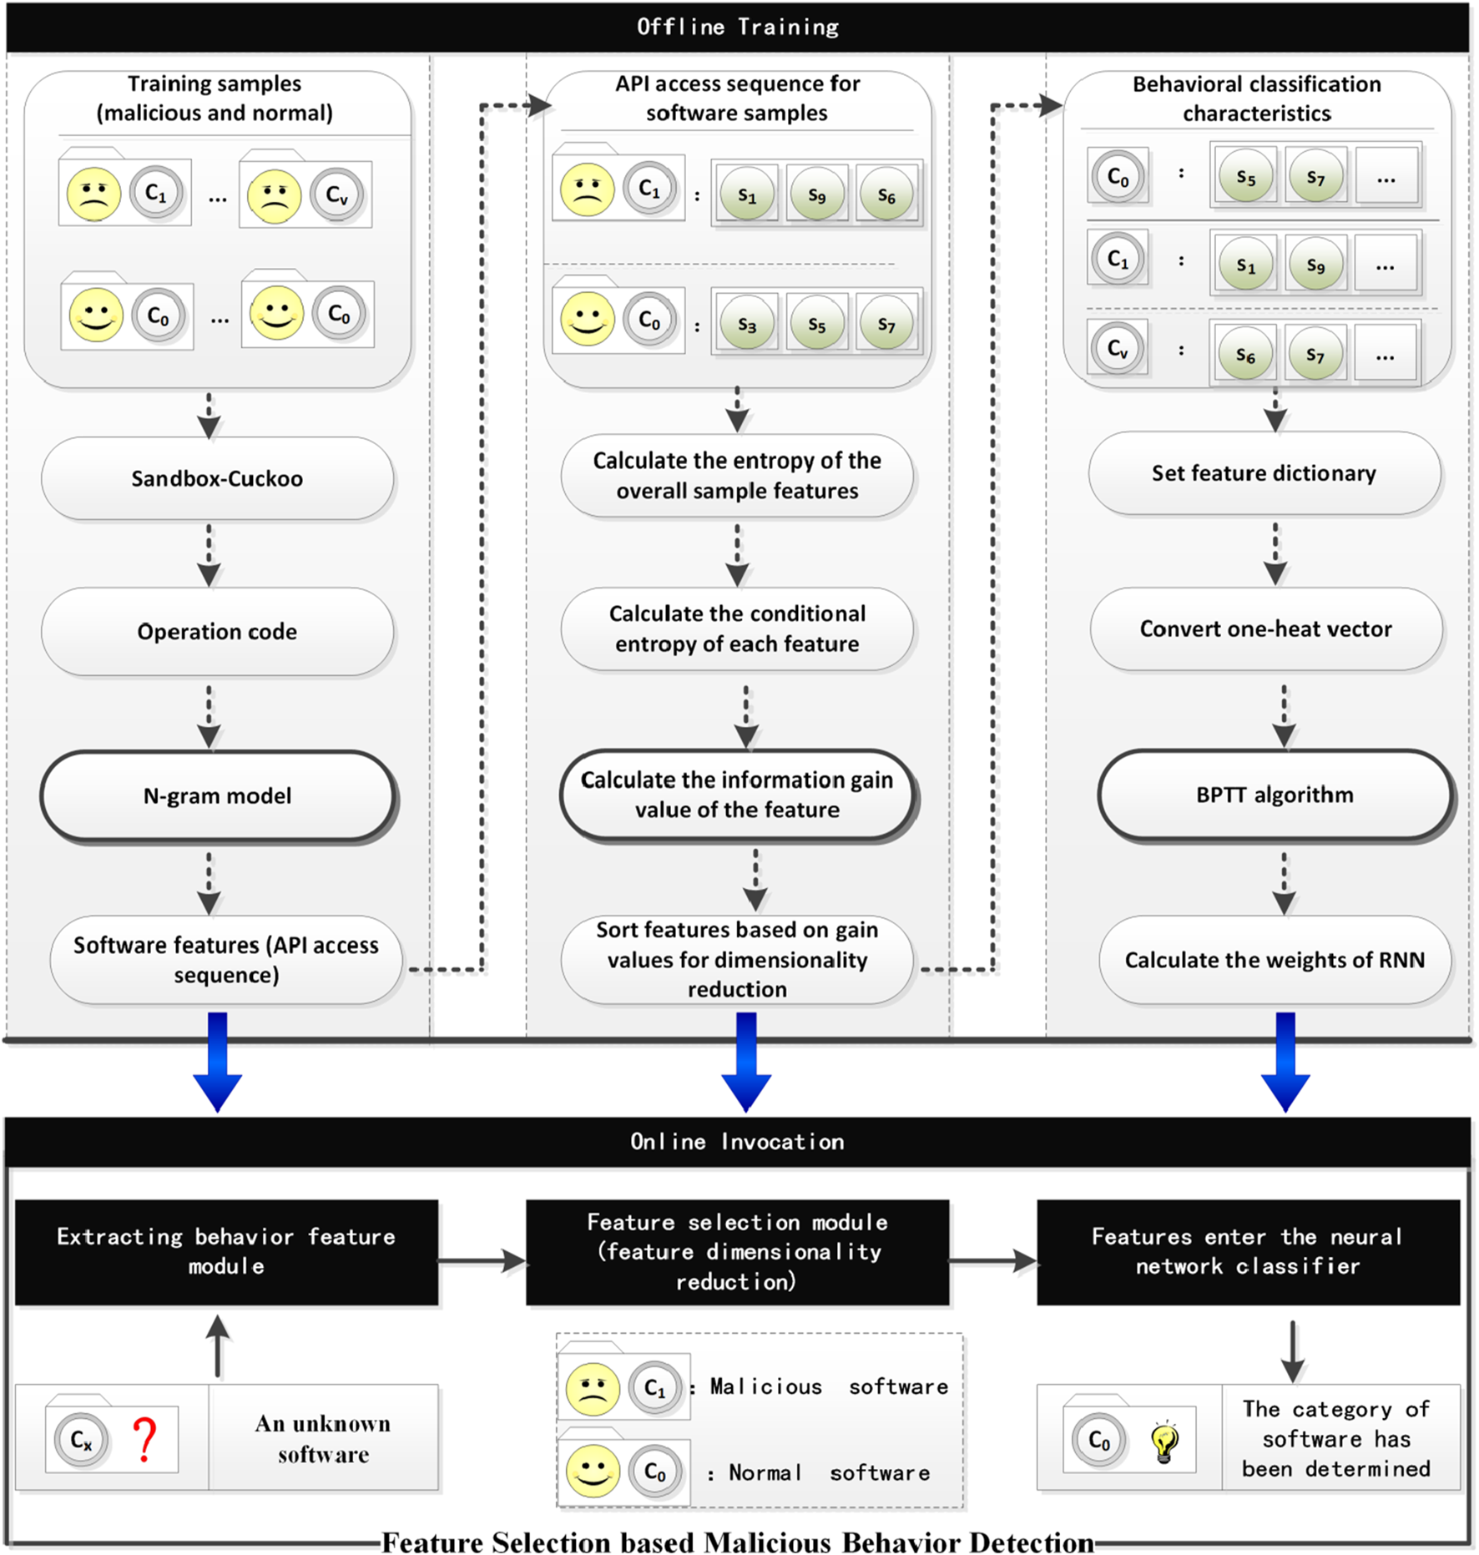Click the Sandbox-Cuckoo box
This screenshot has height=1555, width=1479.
217,478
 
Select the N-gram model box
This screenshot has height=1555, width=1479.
217,795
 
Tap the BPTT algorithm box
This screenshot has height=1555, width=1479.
1275,795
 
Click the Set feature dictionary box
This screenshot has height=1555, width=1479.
1264,473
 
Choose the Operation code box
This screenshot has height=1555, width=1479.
217,632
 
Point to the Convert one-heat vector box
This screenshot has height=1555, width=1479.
1265,629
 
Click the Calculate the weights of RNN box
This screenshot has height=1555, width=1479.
1275,960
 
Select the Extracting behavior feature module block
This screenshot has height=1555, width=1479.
226,1252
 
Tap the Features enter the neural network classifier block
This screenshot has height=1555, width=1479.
1248,1252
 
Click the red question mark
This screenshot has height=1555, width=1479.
145,1439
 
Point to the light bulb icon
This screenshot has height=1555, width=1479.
1164,1441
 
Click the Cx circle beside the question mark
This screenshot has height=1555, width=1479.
81,1440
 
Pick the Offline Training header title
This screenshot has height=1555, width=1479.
738,28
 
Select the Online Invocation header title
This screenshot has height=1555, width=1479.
738,1142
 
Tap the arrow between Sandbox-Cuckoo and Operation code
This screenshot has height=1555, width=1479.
209,555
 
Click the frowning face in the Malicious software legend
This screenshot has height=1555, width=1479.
593,1389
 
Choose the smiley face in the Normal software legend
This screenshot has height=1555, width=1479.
593,1471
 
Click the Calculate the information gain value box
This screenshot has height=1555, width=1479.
737,795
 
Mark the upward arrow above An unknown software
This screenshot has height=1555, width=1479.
218,1345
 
